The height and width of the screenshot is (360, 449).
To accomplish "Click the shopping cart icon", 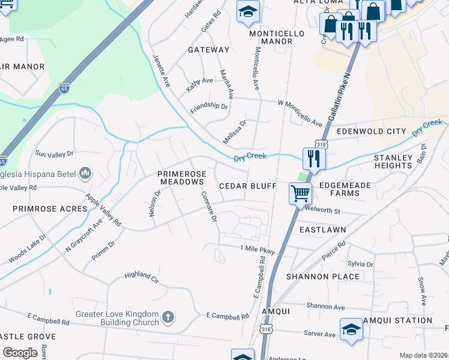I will (300, 194).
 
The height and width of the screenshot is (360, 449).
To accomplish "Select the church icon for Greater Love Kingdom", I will (168, 316).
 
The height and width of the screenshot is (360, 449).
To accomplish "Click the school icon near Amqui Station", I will (351, 329).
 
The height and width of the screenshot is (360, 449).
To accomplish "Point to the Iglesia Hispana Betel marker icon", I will (85, 173).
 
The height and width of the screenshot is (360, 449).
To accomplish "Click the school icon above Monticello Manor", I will (247, 13).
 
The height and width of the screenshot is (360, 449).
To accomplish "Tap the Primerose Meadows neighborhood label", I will (182, 178).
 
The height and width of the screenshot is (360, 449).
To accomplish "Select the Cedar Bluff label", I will (247, 186).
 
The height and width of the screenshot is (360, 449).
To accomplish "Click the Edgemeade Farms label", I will (345, 190).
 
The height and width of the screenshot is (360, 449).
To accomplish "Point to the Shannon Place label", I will (323, 277).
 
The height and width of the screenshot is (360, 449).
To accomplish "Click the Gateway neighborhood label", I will (208, 50).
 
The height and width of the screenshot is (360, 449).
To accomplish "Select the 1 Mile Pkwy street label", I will (257, 248).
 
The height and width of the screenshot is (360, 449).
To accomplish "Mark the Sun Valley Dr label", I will (54, 154).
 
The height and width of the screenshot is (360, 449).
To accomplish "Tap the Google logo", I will (20, 352).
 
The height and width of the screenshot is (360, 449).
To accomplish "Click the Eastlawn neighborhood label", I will (322, 230).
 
